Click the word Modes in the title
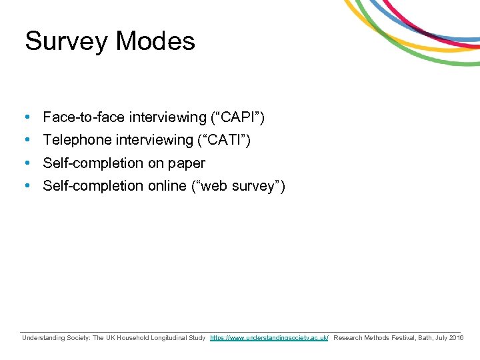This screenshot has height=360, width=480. [155, 41]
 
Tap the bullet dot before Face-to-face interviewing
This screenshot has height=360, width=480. [25, 118]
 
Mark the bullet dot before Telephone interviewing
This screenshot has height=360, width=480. [25, 141]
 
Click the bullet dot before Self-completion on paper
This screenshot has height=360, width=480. [25, 163]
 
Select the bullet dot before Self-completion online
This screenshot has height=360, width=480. [25, 186]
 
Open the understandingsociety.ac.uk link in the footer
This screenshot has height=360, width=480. [269, 339]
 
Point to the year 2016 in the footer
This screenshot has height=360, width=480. [456, 339]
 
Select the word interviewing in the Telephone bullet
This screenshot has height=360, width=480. [153, 141]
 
